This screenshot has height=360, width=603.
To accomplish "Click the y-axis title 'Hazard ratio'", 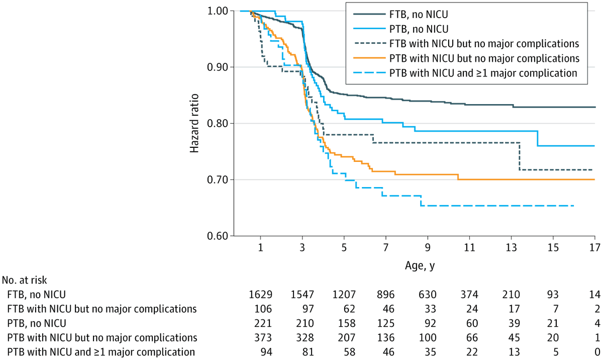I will [194, 123].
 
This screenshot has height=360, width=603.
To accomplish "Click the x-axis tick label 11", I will [469, 248].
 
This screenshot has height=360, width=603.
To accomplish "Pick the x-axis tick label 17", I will [594, 248].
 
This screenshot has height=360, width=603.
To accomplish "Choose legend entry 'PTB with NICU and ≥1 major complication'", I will [483, 72].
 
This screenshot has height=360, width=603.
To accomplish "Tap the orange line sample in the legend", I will [367, 58].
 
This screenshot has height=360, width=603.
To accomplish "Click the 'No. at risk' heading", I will [25, 280].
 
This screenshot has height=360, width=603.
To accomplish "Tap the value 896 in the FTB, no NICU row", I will [385, 294].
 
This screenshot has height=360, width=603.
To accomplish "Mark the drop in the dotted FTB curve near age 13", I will [520, 156].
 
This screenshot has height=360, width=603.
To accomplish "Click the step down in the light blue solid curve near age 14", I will [538, 138].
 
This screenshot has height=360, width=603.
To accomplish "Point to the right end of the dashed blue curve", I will [573, 206].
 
